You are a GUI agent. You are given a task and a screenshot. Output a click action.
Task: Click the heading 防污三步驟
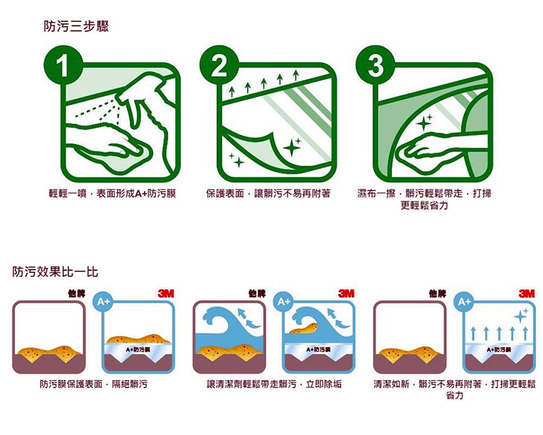[76, 27]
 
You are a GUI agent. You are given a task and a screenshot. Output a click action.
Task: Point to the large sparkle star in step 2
[293, 147]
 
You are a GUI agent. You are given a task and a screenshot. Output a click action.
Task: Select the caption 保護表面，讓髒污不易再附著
[269, 194]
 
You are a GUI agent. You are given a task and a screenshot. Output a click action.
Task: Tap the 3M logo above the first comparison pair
[165, 294]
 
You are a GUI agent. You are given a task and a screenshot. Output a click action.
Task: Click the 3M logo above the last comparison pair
[526, 294]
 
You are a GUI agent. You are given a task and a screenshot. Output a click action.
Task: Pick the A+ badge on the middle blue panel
[284, 300]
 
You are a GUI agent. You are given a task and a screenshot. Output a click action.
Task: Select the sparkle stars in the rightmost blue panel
[521, 315]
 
